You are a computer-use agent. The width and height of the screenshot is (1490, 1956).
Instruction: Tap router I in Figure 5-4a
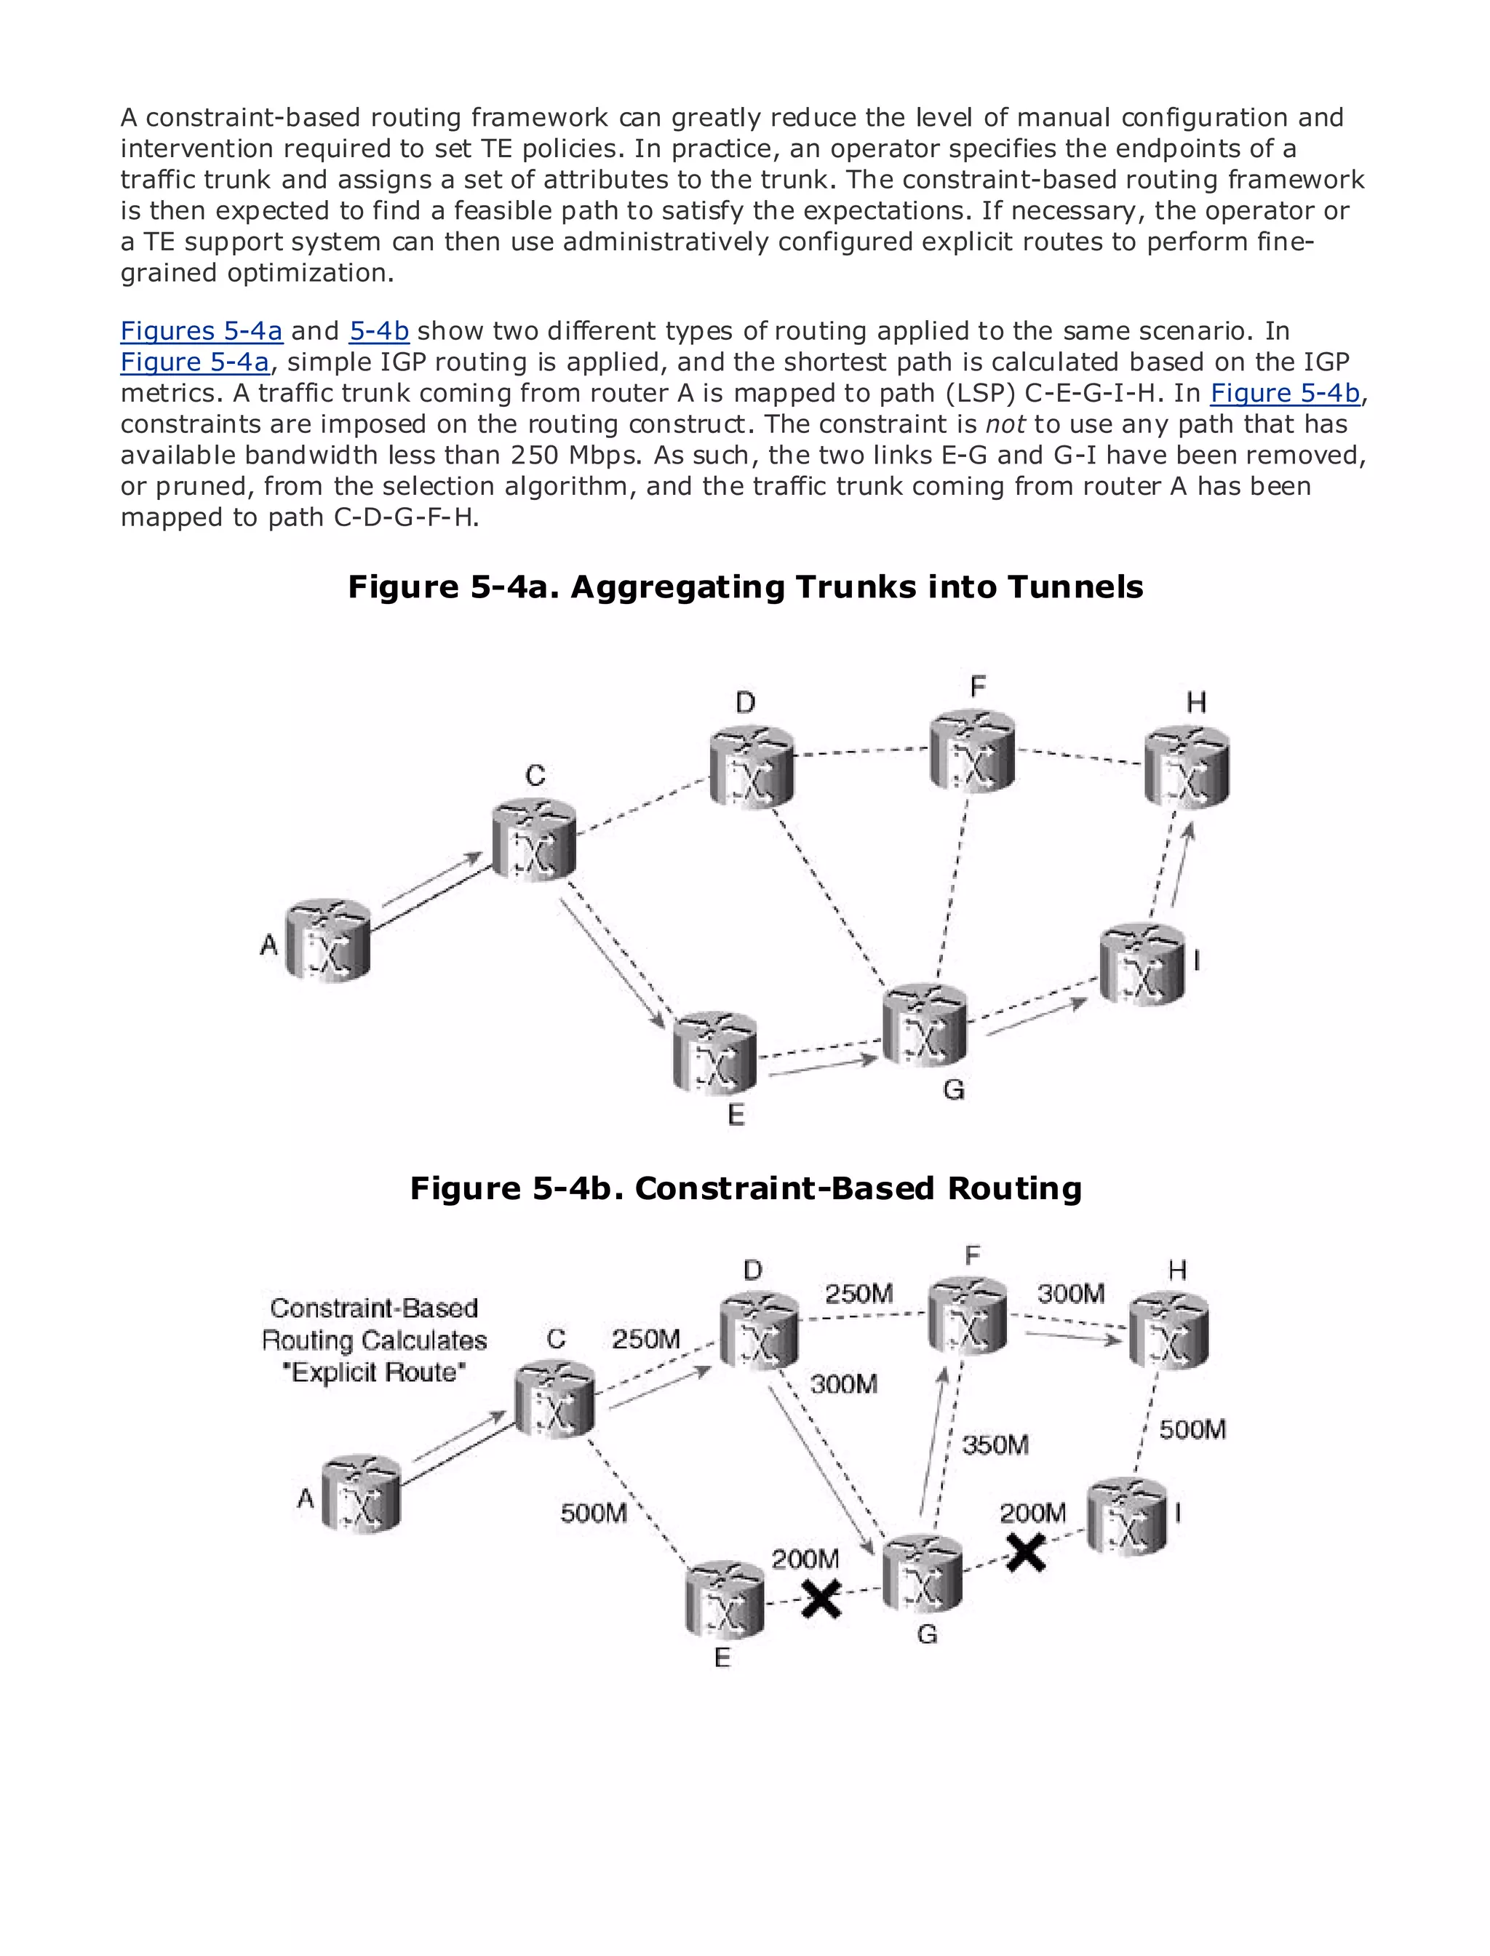pyautogui.click(x=1142, y=965)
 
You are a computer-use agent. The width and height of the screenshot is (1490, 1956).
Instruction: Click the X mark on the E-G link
pyautogui.click(x=821, y=1599)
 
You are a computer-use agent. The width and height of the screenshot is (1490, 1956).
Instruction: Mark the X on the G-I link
pyautogui.click(x=1025, y=1554)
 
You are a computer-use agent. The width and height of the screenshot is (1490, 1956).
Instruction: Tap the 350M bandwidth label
pyautogui.click(x=995, y=1445)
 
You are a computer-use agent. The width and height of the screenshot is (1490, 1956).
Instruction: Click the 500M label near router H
pyautogui.click(x=1192, y=1429)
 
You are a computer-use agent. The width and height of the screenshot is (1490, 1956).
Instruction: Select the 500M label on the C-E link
pyautogui.click(x=594, y=1512)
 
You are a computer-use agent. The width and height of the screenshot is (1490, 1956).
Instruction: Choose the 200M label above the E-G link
pyautogui.click(x=805, y=1559)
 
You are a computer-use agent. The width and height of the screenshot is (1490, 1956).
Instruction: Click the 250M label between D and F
pyautogui.click(x=858, y=1293)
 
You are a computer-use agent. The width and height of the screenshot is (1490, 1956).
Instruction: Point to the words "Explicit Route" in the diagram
pyautogui.click(x=373, y=1372)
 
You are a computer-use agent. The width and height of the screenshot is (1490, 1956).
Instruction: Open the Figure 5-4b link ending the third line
pyautogui.click(x=1284, y=393)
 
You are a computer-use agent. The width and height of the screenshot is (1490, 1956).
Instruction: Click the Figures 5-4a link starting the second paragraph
pyautogui.click(x=202, y=331)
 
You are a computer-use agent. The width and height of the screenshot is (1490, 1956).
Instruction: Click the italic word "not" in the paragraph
pyautogui.click(x=1005, y=424)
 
